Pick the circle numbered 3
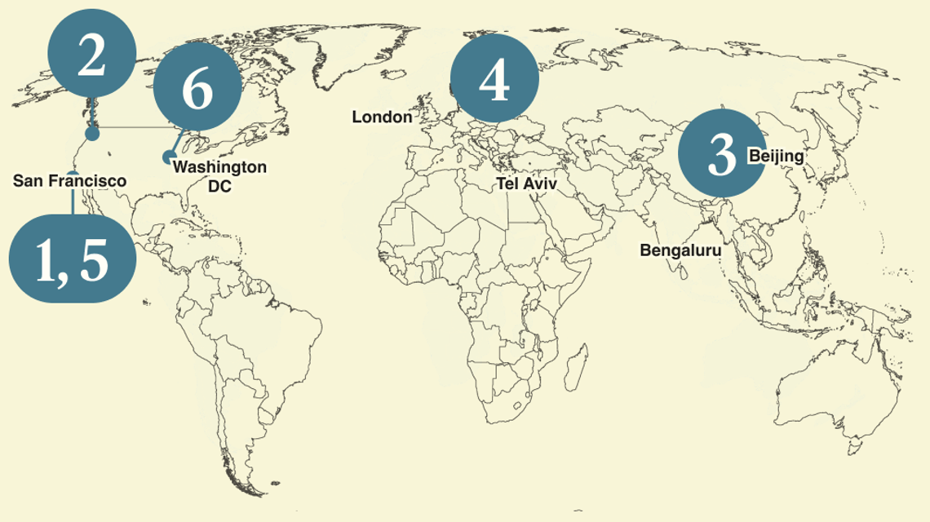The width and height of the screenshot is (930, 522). tap(722, 154)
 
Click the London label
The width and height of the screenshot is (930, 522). tap(382, 117)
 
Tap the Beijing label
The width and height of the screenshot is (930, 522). tap(777, 156)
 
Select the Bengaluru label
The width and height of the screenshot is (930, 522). tap(680, 250)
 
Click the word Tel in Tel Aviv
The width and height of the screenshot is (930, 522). tap(507, 184)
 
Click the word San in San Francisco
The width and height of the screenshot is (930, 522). tap(28, 180)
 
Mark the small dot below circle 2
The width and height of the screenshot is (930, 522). tap(92, 134)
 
